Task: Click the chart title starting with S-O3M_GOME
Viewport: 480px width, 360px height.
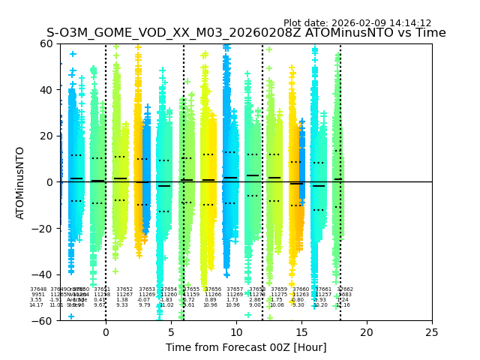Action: (x=246, y=33)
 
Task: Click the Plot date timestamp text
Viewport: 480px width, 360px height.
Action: (x=357, y=23)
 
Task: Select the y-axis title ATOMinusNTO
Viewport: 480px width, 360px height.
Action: (x=20, y=182)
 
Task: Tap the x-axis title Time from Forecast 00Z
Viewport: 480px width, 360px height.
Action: (x=246, y=347)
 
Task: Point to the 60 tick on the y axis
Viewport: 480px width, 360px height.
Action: (x=46, y=43)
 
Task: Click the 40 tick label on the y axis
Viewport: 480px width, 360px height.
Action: (x=46, y=90)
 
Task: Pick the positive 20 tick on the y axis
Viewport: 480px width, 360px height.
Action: (x=46, y=136)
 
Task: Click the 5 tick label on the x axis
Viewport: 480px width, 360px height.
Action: (x=170, y=332)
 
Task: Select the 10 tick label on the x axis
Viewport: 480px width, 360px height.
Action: (x=235, y=332)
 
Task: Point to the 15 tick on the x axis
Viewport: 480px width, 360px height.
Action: (x=301, y=332)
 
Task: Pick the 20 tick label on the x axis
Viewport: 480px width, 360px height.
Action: (x=366, y=332)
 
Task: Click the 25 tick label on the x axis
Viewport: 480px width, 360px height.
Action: (x=431, y=332)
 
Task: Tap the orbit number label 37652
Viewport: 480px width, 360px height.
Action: (x=124, y=289)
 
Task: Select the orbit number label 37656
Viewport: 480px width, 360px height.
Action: (x=213, y=289)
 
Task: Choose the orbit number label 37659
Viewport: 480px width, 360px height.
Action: (x=279, y=289)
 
